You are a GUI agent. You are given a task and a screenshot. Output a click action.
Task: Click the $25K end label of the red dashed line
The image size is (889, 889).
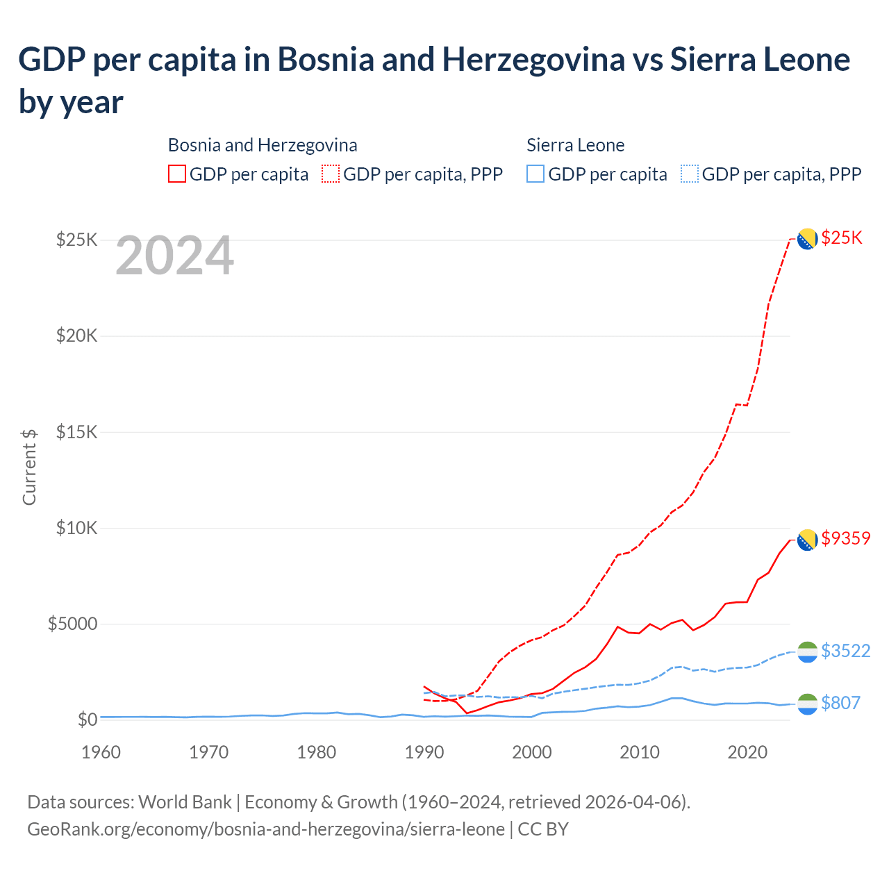point(842,238)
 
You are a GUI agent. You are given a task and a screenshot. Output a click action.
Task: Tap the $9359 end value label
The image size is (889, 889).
point(845,538)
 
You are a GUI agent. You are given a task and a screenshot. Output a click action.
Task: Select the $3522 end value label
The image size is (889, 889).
point(845,651)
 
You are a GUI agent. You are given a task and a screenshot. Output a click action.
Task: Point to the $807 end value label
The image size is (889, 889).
point(840,703)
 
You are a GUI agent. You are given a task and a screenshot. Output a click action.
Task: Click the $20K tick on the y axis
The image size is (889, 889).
point(77,336)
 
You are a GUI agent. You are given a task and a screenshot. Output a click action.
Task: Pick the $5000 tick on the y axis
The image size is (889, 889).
point(72,624)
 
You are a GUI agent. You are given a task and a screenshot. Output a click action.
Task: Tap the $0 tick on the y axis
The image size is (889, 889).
point(87,720)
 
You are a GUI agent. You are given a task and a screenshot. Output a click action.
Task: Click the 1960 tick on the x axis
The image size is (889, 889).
point(101,752)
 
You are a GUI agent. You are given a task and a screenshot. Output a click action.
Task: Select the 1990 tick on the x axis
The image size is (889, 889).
point(424,752)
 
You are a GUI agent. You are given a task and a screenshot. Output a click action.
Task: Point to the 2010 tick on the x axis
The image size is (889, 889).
point(639,752)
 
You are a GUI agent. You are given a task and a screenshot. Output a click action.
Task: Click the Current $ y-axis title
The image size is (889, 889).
point(29,467)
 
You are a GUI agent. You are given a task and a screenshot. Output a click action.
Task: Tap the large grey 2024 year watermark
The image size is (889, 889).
point(174,256)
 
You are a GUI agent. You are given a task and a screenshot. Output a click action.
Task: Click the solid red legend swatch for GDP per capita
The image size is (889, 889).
point(177,174)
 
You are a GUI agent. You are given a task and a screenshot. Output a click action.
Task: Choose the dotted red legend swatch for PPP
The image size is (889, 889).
point(331,174)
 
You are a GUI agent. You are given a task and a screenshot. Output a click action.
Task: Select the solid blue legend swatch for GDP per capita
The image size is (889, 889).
point(535,174)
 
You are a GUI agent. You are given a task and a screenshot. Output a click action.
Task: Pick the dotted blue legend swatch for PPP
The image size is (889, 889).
point(690,174)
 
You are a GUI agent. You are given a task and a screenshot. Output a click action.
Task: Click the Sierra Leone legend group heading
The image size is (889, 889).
point(575,145)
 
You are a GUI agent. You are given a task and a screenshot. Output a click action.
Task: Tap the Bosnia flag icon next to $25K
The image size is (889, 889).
point(807,239)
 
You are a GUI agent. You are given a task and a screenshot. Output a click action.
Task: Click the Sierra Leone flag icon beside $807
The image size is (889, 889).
point(807,704)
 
